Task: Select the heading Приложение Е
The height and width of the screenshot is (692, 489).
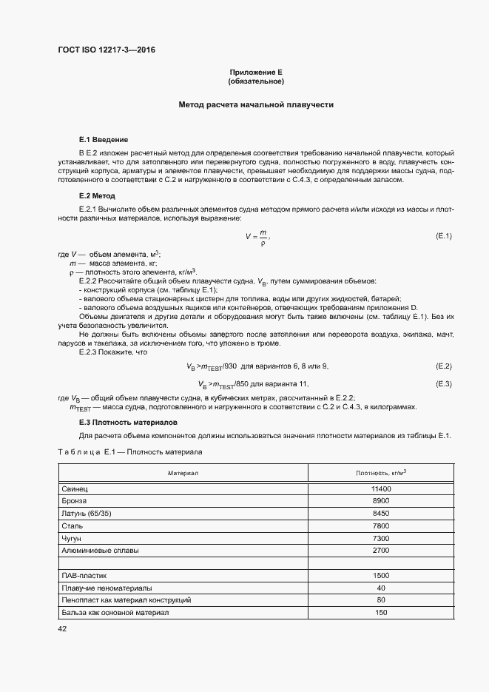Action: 257,72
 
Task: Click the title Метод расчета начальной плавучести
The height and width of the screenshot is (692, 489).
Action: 257,105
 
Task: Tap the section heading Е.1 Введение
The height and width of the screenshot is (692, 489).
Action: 104,140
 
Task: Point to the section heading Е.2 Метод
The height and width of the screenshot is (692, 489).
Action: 97,196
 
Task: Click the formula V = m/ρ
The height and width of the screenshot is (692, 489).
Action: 257,236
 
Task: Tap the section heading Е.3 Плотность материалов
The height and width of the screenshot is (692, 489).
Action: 127,422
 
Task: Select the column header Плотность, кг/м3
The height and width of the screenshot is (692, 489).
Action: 381,471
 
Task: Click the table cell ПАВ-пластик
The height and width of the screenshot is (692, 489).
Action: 85,575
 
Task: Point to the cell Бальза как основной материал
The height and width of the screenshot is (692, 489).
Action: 115,612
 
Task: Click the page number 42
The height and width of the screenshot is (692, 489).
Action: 62,628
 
